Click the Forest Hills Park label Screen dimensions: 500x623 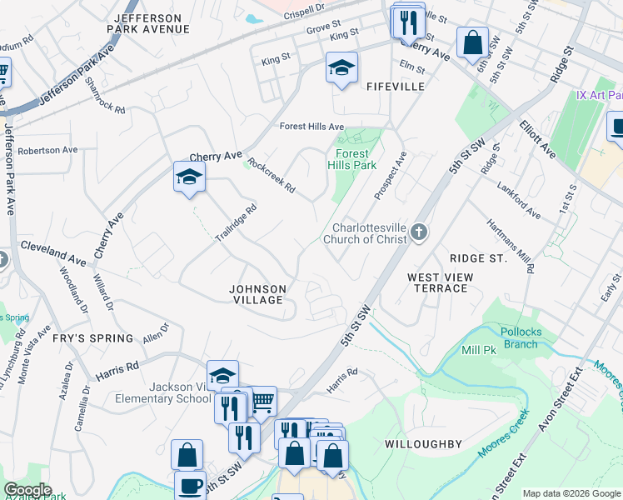(356, 159)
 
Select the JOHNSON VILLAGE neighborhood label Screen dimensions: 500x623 (258, 295)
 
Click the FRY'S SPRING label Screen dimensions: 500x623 (92, 338)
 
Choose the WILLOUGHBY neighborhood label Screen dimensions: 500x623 (423, 444)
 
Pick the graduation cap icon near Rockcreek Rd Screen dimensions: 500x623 (189, 177)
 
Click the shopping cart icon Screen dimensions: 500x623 (262, 402)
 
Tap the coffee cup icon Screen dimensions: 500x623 (189, 485)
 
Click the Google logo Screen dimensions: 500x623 (28, 490)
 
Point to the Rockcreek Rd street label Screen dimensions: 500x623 (272, 176)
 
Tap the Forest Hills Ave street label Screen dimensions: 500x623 (311, 127)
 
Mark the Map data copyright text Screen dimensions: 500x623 (571, 493)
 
